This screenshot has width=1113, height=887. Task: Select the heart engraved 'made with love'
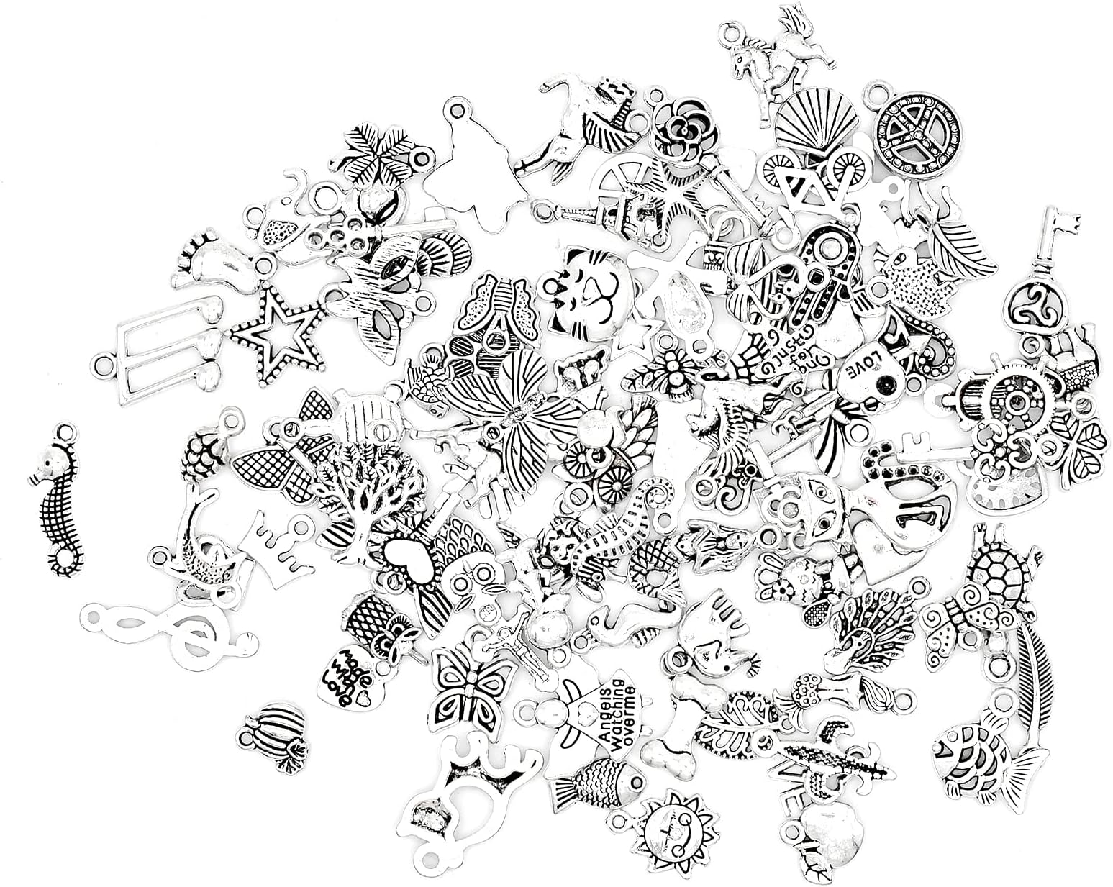(343, 677)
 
